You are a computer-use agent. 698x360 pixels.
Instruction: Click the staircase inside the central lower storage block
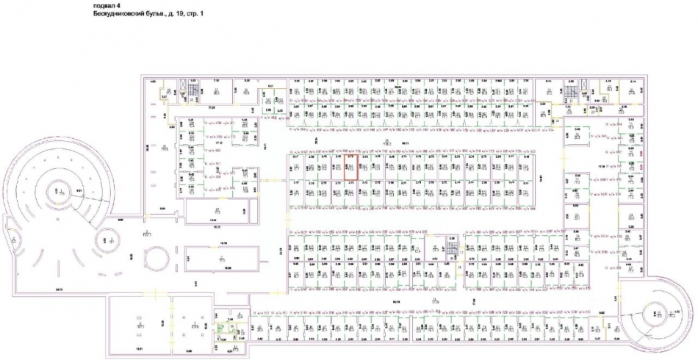[x=453, y=251]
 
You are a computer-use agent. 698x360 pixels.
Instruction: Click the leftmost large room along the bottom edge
[x=139, y=323]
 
